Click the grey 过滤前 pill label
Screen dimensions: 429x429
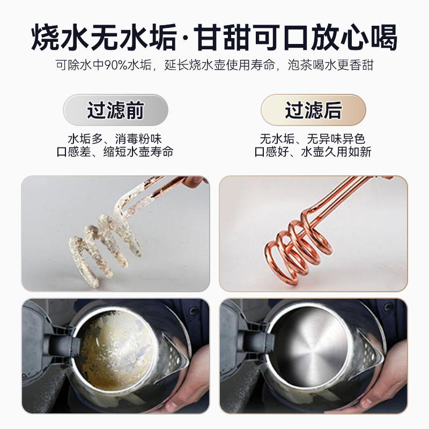[x=115, y=110]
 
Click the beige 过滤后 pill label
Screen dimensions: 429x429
[x=313, y=110]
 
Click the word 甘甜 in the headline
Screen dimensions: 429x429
[x=223, y=38]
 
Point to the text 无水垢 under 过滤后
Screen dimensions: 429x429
[x=277, y=139]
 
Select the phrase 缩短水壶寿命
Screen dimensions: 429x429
[x=138, y=152]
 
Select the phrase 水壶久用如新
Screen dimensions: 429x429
[x=336, y=152]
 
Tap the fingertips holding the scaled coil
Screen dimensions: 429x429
[x=194, y=181]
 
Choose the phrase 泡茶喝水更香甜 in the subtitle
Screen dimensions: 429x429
[x=330, y=65]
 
